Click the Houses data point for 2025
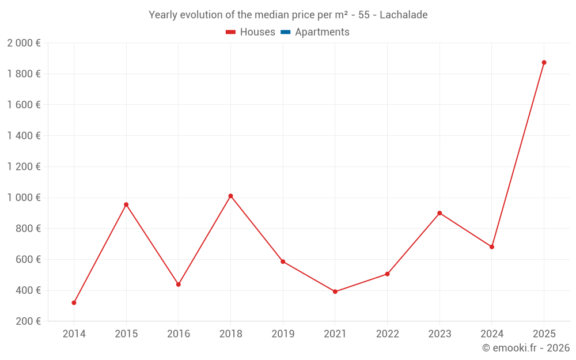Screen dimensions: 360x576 544,62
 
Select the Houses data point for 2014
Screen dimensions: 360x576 74,302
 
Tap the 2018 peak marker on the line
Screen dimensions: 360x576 230,196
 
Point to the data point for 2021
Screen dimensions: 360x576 335,291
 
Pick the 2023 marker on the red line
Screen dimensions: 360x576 439,213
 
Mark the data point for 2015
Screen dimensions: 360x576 126,204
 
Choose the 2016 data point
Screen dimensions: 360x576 179,284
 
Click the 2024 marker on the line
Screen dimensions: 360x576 492,247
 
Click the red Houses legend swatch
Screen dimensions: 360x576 230,32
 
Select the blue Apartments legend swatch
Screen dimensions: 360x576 285,32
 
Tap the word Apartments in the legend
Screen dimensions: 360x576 322,32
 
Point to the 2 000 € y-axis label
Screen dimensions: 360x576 24,43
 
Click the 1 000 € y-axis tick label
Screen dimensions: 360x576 24,198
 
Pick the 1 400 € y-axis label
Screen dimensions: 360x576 24,136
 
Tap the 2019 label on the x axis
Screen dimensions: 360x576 283,334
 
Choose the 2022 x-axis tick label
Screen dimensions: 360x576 387,334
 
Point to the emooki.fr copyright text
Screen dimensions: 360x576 526,348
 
